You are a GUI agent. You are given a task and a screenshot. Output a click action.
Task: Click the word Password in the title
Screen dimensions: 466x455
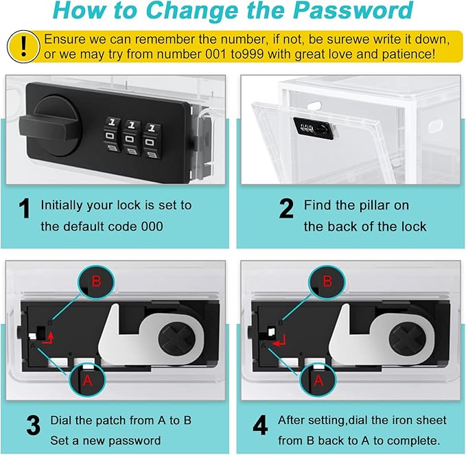(353, 11)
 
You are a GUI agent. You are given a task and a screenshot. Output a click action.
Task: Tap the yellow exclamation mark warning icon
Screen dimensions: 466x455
(23, 47)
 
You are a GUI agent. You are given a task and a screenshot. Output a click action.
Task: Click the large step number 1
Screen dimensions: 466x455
(24, 209)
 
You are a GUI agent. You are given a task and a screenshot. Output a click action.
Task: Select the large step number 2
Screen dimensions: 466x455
(286, 209)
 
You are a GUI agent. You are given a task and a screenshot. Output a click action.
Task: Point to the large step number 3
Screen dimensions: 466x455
(33, 425)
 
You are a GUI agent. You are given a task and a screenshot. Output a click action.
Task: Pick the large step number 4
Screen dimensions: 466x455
(260, 425)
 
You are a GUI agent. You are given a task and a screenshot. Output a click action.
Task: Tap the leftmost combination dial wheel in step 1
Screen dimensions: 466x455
(111, 135)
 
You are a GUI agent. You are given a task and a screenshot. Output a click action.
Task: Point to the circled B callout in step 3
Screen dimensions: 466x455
(96, 281)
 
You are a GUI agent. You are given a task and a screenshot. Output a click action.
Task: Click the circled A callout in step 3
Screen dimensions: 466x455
(87, 380)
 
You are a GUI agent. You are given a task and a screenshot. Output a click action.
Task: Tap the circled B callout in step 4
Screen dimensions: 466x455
(327, 281)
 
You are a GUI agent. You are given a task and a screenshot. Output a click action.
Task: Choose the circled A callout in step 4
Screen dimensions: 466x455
(318, 380)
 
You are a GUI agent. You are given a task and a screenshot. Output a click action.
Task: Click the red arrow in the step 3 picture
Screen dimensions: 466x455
(49, 339)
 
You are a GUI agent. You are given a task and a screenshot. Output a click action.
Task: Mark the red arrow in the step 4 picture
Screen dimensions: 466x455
(279, 341)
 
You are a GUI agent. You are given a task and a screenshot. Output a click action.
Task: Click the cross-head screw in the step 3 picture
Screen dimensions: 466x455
(177, 339)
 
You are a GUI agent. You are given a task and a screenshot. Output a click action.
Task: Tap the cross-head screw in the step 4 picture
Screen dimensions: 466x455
(408, 339)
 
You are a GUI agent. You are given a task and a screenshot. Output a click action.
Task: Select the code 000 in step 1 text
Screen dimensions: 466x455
(152, 226)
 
